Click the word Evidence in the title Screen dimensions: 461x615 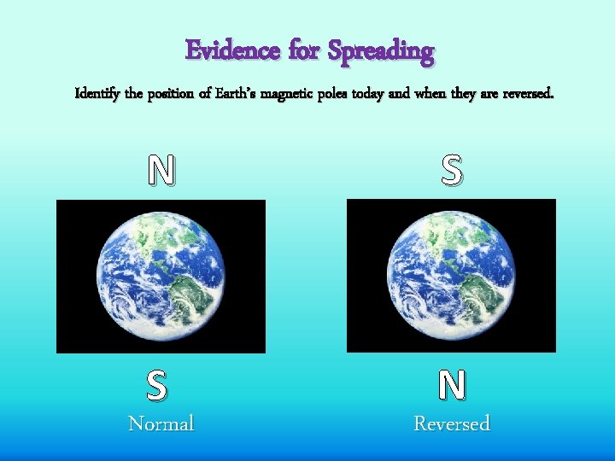click(232, 51)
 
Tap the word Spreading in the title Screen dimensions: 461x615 click(380, 52)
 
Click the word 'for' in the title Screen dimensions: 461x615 click(303, 51)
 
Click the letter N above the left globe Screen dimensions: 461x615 click(161, 172)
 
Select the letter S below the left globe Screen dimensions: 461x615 click(156, 386)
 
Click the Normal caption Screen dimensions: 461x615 click(161, 423)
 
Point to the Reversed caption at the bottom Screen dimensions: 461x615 click(452, 423)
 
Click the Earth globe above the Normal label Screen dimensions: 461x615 click(161, 275)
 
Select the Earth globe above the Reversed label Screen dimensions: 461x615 click(451, 275)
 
